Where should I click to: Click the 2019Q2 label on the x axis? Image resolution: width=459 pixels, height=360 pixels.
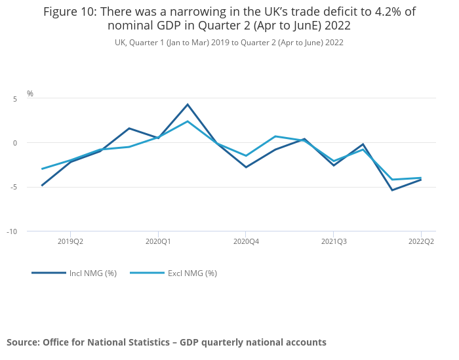pos(70,241)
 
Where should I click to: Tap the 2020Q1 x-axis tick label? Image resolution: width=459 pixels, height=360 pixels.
pos(158,241)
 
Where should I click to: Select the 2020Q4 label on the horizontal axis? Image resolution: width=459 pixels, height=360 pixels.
pos(246,241)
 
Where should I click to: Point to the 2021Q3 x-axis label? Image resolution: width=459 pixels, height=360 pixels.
pos(334,241)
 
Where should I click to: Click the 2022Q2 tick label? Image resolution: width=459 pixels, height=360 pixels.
pos(421,241)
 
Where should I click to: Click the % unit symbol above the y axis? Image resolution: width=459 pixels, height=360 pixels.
pos(30,94)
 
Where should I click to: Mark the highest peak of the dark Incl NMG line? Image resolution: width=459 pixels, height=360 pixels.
pos(188,104)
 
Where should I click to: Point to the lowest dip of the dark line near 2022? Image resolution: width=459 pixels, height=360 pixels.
pos(392,190)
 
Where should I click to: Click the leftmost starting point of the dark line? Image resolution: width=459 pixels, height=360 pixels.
pos(42,186)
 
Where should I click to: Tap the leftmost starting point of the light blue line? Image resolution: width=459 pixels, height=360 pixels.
pos(42,169)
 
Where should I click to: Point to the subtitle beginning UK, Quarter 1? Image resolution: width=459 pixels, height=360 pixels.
pos(229,43)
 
